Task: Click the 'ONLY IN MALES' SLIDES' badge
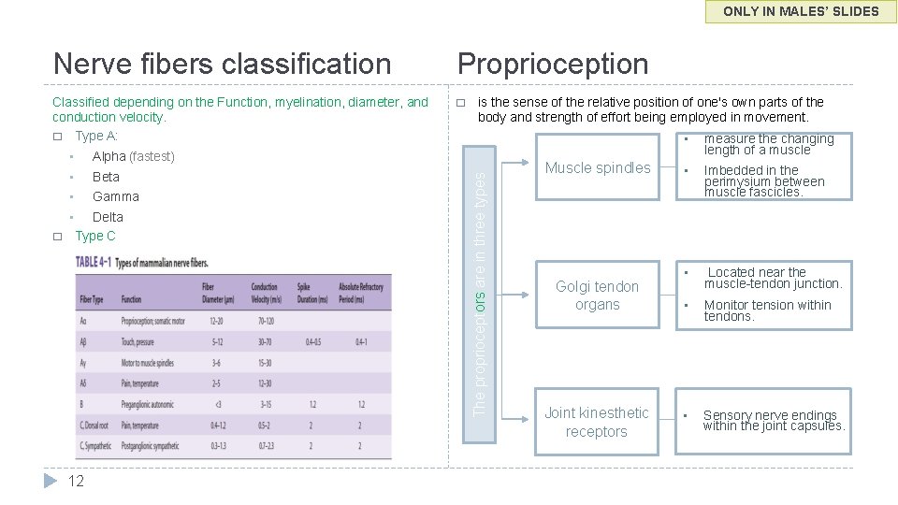(x=802, y=11)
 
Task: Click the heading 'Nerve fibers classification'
(x=223, y=64)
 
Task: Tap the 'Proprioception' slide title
(x=552, y=64)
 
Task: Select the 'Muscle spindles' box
(x=598, y=168)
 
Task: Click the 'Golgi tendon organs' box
(x=597, y=296)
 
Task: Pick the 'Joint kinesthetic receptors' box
(x=597, y=422)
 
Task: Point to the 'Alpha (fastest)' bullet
(x=133, y=156)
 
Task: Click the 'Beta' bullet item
(x=106, y=177)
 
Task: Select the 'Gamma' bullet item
(x=115, y=196)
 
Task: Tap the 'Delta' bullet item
(x=108, y=217)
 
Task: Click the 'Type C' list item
(x=95, y=237)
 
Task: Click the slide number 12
(x=76, y=481)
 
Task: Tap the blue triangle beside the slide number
(x=52, y=481)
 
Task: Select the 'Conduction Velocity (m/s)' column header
(x=264, y=292)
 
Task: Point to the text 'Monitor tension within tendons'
(x=767, y=310)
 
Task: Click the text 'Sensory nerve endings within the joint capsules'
(x=773, y=421)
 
